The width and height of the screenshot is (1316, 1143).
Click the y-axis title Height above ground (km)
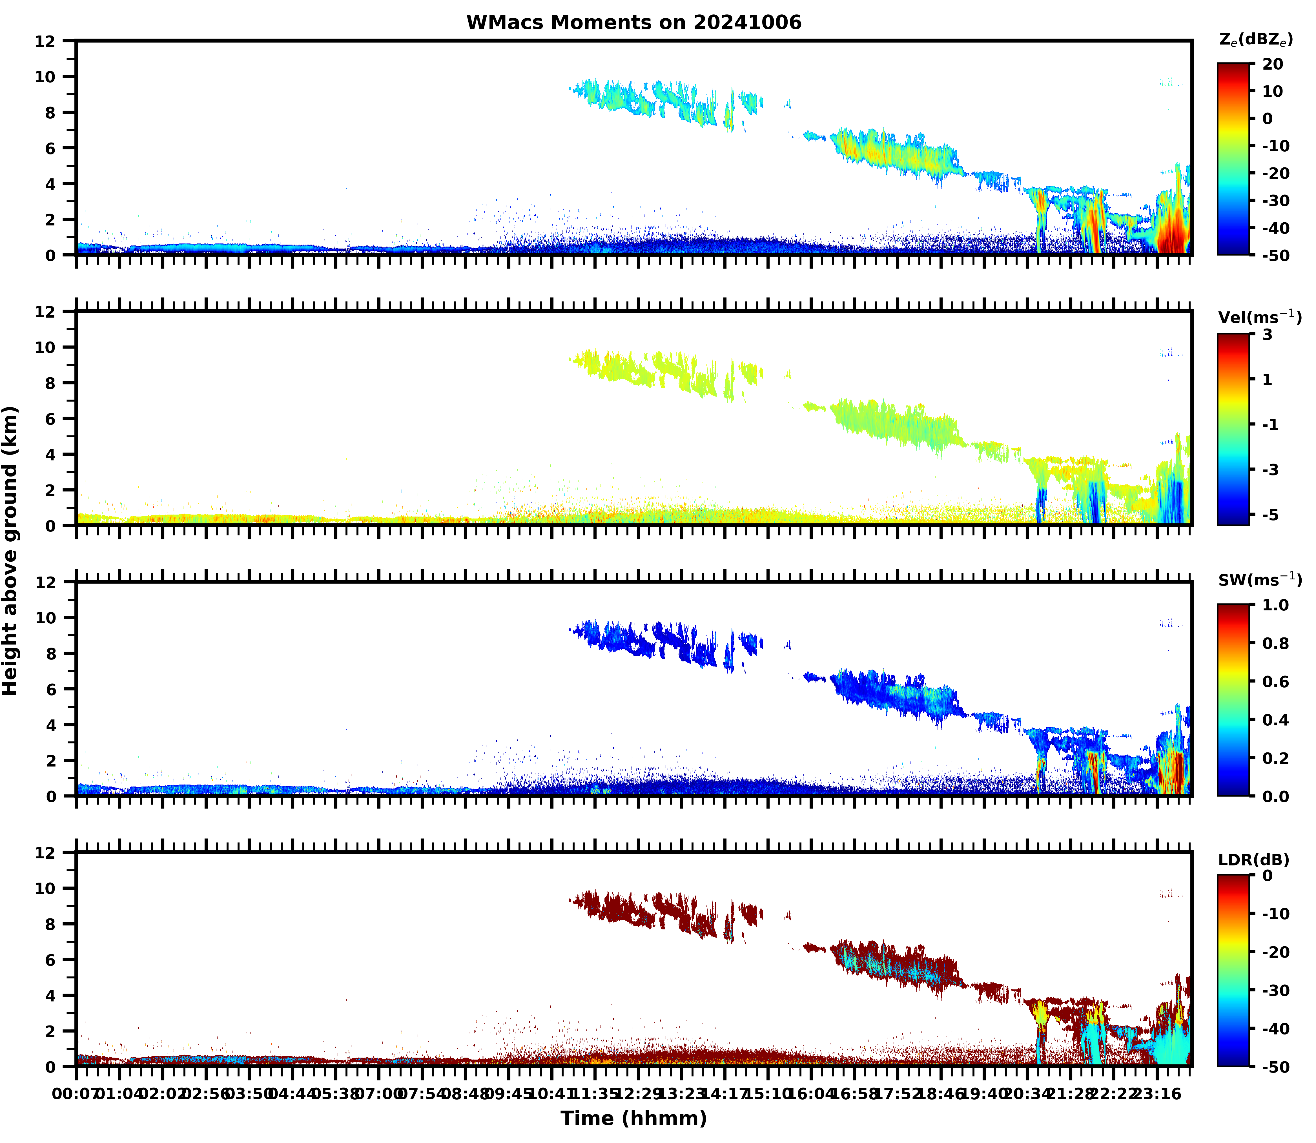point(10,550)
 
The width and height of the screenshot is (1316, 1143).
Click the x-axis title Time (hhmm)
point(633,1118)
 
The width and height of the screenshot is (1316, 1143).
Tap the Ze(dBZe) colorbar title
point(1255,40)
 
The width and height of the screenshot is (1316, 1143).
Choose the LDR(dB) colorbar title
point(1253,860)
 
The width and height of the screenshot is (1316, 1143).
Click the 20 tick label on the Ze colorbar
point(1273,65)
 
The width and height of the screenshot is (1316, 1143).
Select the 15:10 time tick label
point(768,1095)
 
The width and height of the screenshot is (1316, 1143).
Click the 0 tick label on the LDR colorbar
point(1268,876)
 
